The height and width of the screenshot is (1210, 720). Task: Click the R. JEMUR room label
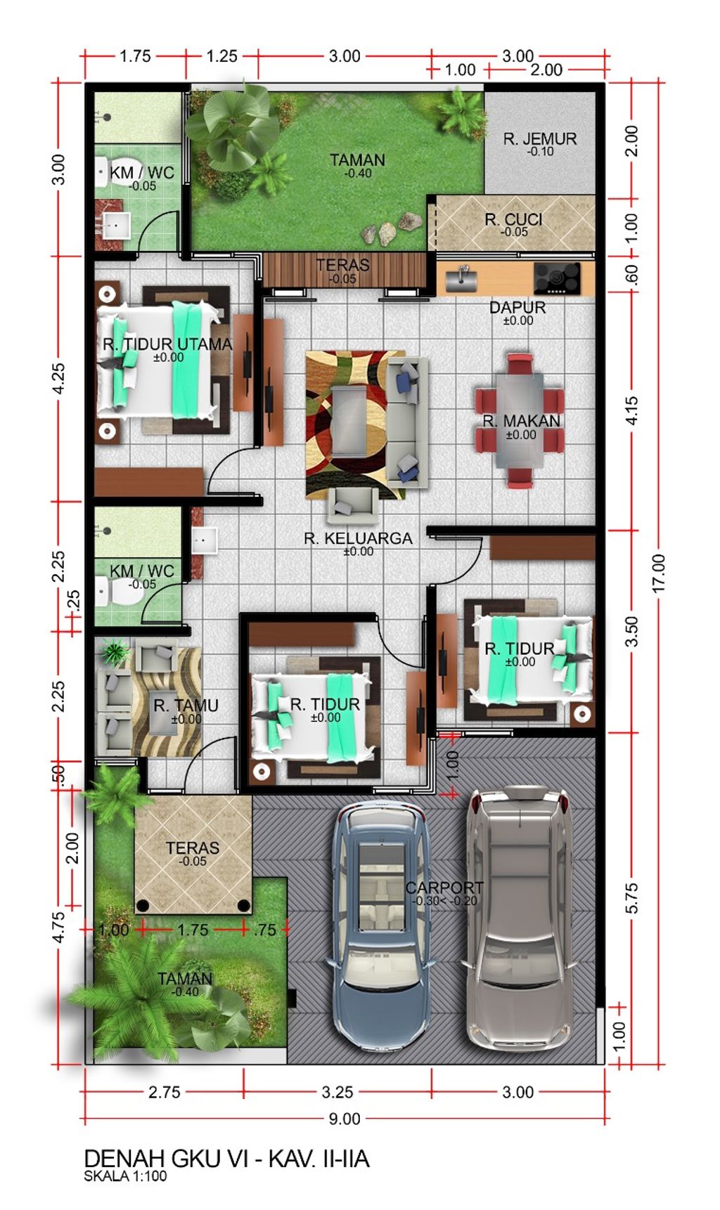point(539,139)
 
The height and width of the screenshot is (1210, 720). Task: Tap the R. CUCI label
point(513,220)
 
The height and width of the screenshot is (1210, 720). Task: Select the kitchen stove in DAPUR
point(557,278)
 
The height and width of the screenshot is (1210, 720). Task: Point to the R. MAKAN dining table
point(520,420)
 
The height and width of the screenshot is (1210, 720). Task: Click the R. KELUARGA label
point(358,538)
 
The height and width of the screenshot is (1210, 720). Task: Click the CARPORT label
point(444,887)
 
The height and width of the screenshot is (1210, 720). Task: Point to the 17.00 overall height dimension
point(658,573)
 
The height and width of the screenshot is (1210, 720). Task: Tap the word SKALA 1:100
point(126,1176)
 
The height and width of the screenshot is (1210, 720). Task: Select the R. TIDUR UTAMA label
point(167,344)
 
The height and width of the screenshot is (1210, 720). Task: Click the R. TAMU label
point(186,705)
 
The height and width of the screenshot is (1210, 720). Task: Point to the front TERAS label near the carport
point(193,848)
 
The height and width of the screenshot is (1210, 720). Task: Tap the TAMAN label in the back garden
point(358,160)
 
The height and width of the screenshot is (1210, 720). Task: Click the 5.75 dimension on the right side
point(631,898)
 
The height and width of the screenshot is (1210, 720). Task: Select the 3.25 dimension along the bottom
point(337,1092)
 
